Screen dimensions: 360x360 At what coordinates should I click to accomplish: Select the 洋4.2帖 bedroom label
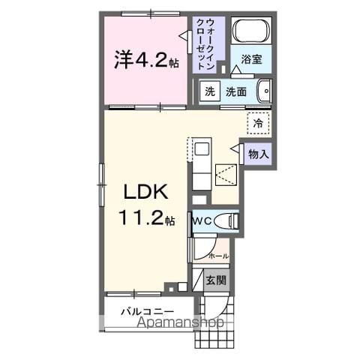147,60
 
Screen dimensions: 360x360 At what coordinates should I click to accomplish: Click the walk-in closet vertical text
209,43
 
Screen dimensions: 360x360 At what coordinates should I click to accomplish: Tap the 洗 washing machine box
209,91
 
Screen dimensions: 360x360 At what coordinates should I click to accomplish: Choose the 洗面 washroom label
237,91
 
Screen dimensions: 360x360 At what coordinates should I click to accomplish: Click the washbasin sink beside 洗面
262,92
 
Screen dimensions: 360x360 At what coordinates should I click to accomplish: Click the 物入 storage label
258,154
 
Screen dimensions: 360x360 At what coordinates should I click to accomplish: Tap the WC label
200,221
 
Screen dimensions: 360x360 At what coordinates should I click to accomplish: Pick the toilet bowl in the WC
226,220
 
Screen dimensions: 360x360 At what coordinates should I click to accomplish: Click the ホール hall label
218,255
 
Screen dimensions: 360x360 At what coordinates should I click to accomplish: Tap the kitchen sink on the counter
200,149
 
